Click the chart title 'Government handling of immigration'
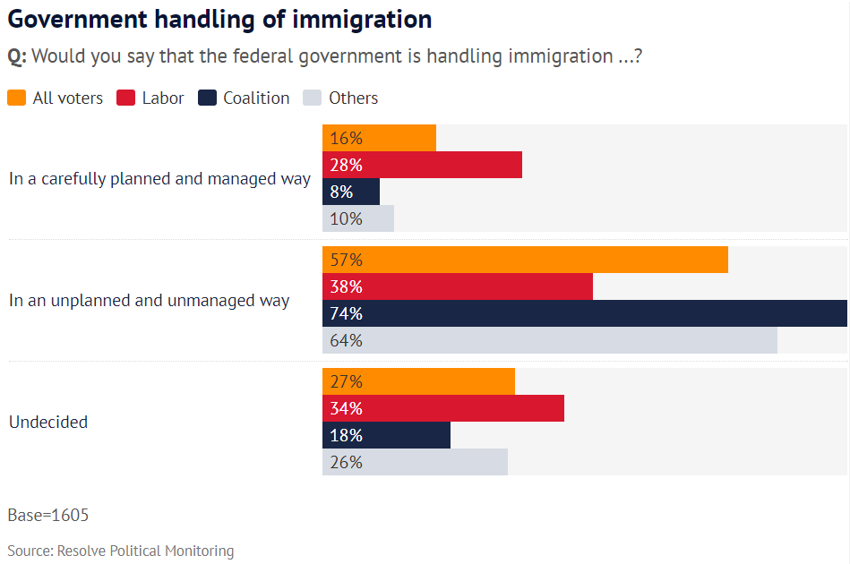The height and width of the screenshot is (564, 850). (219, 19)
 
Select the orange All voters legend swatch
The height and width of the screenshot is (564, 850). (16, 98)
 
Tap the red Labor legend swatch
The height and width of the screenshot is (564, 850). (125, 98)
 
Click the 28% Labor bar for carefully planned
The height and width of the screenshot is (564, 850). (422, 165)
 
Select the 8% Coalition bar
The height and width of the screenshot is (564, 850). (351, 192)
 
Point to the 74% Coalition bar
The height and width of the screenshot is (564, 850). (584, 313)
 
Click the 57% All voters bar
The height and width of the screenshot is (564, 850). (525, 260)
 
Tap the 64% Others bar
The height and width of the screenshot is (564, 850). (549, 340)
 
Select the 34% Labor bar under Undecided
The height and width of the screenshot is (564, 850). (442, 408)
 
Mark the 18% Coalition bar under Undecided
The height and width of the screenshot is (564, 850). (386, 435)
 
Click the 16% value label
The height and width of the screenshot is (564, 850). (346, 139)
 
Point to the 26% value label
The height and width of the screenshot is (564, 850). (346, 462)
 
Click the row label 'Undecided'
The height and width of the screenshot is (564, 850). (48, 422)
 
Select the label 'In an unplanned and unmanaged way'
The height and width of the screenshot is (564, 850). (149, 301)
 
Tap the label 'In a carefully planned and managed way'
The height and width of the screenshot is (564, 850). (159, 179)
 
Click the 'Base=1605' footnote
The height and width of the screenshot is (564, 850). (48, 515)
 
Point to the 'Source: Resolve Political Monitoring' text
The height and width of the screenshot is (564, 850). (121, 551)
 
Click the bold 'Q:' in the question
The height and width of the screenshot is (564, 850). (17, 56)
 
